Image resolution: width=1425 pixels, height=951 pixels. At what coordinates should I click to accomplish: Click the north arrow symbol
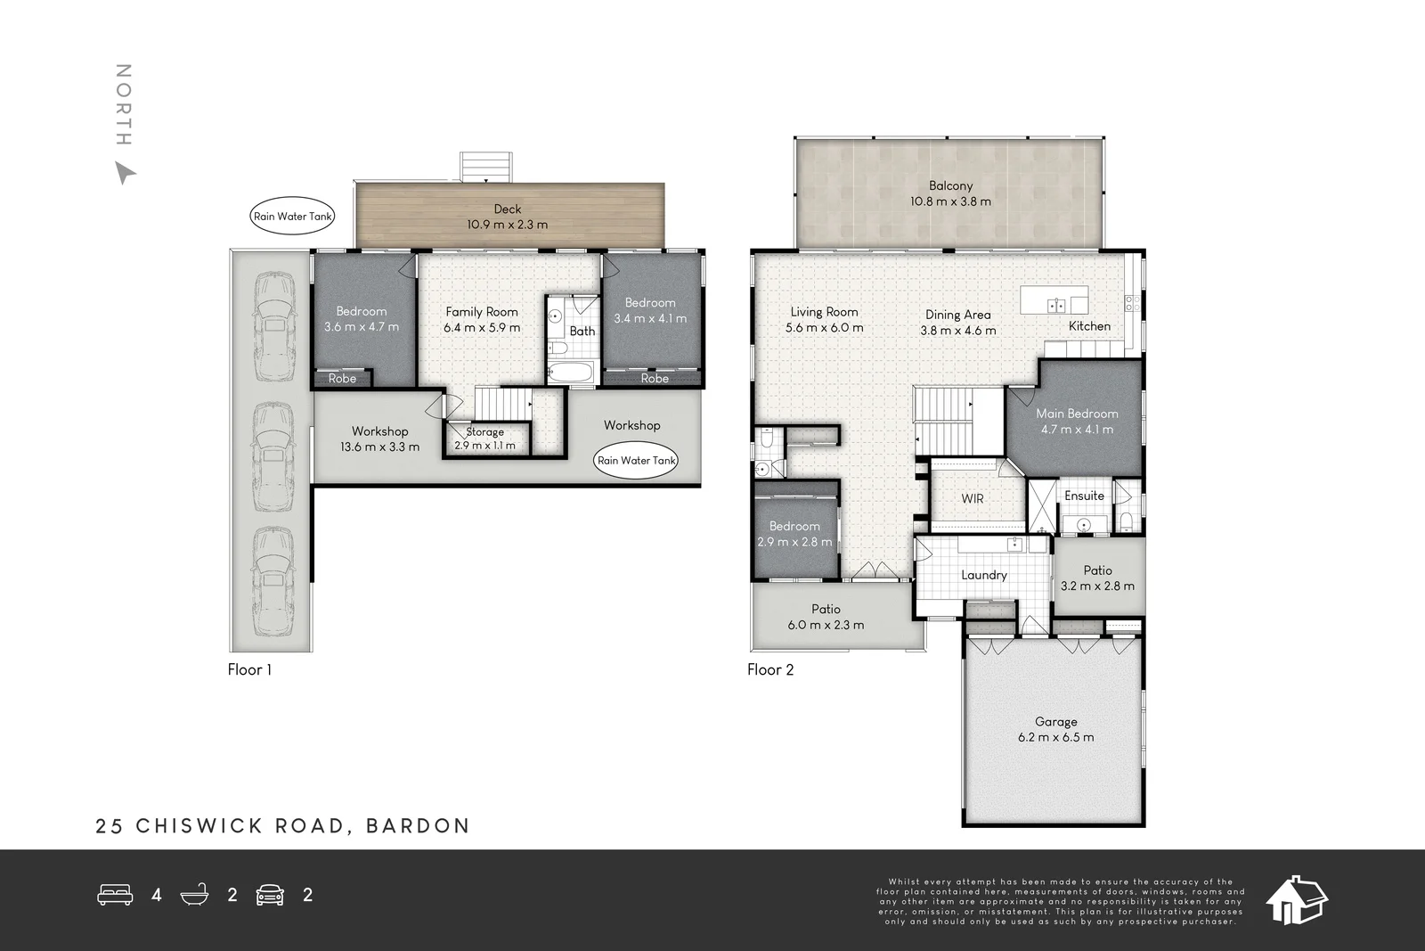pos(125,173)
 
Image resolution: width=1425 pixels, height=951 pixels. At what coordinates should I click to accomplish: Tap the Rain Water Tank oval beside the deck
pos(293,217)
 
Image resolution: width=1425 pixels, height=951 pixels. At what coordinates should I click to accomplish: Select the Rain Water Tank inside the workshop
pos(636,461)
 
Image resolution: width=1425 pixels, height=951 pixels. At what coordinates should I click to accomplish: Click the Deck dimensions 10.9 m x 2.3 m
pos(508,225)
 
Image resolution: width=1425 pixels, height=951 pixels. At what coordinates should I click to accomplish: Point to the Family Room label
pos(482,312)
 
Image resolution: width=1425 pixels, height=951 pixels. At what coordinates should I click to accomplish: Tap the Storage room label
pos(485,432)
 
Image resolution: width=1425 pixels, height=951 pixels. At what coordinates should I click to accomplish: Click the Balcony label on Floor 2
pos(950,185)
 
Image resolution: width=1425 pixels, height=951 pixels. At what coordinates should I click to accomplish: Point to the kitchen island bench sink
pos(1056,306)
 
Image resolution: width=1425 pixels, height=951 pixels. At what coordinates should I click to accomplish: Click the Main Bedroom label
pos(1077,414)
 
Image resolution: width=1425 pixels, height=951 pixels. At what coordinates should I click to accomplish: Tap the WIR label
pos(973,499)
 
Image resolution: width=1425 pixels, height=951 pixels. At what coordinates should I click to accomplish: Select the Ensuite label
pos(1084,496)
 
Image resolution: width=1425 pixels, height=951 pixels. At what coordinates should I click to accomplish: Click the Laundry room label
pos(984,576)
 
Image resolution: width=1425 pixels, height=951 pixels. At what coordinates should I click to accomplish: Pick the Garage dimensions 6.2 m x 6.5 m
pos(1056,737)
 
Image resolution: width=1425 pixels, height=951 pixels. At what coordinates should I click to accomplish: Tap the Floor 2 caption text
pos(770,670)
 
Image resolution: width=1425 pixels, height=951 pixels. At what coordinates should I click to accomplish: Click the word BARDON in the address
pos(418,826)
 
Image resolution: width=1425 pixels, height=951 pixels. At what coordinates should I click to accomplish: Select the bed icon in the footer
pos(115,895)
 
